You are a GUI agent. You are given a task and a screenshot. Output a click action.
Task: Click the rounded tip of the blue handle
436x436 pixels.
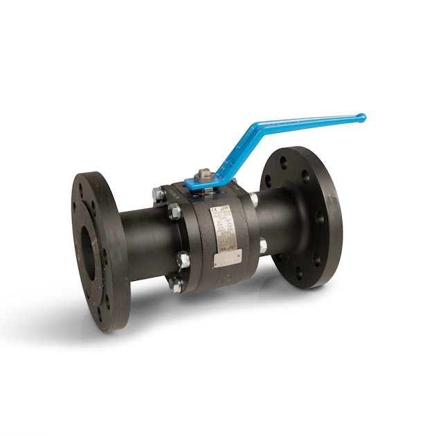click(361, 118)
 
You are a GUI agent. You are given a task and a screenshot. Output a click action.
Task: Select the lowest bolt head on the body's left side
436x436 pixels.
click(176, 283)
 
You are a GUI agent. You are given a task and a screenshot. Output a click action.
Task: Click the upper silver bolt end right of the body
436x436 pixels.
click(254, 200)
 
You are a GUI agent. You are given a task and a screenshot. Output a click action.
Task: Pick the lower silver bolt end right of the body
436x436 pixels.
click(262, 244)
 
